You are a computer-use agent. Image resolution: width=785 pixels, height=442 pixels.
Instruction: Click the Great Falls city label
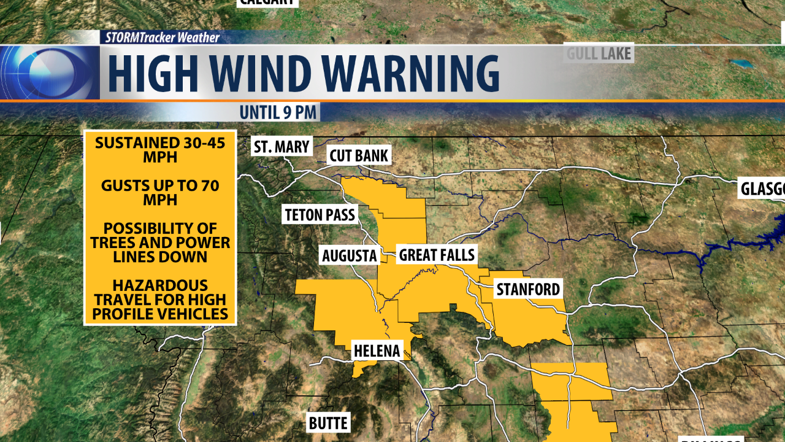437,254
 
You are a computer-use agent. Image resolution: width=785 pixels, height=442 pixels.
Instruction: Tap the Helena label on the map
377,351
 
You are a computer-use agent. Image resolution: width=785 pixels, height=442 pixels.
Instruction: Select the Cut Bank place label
359,155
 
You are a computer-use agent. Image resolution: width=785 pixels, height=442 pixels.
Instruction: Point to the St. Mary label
282,147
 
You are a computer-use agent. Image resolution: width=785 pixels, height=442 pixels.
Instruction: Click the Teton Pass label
320,215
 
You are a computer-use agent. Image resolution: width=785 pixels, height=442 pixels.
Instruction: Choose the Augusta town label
349,255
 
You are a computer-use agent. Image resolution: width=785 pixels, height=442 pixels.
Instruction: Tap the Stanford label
528,289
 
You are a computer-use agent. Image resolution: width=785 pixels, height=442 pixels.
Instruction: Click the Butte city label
328,423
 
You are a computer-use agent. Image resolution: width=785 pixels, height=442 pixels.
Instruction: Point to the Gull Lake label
598,53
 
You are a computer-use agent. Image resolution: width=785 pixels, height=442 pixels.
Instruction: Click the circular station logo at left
49,72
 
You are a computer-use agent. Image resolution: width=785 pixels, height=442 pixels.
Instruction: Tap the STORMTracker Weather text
162,37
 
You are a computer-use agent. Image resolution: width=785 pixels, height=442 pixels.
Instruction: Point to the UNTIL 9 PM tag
279,112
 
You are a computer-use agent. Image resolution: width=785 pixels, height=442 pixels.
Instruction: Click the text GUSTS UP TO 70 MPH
160,193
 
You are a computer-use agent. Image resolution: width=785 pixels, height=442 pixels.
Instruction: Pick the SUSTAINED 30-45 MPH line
160,150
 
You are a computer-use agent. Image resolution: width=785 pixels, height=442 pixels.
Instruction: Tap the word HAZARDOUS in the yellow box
160,285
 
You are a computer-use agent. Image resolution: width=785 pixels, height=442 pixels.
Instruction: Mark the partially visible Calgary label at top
267,2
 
